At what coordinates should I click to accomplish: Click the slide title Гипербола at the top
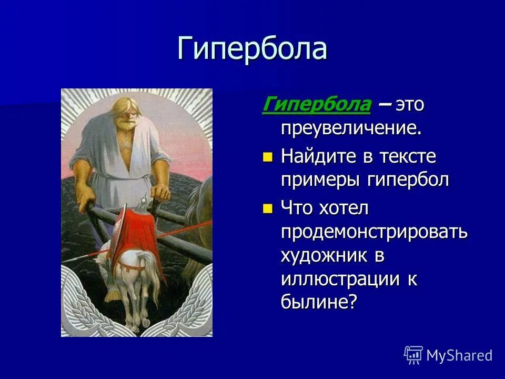pos(252,49)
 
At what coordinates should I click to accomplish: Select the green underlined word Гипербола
pos(316,105)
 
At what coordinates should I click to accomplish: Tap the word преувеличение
pos(351,128)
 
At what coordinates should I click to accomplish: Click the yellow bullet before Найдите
pos(268,157)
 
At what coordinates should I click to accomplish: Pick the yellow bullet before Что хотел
pos(268,208)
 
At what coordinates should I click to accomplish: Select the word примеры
pos(317,180)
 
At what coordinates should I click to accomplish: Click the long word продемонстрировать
pos(374,232)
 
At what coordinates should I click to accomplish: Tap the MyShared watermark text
pos(459,355)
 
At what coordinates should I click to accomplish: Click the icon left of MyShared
pos(413,355)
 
